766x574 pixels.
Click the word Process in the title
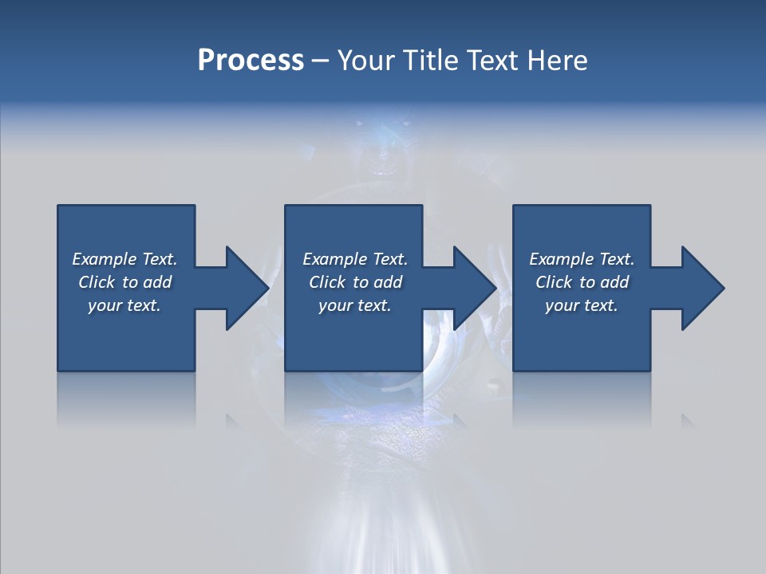click(251, 61)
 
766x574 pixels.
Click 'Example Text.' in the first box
click(124, 259)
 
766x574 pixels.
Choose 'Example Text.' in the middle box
click(355, 259)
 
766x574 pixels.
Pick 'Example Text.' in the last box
click(582, 259)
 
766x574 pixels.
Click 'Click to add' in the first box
click(124, 282)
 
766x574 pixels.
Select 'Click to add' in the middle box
click(355, 282)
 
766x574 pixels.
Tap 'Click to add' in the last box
click(582, 282)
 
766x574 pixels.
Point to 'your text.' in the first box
click(124, 305)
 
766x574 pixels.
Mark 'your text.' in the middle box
click(355, 305)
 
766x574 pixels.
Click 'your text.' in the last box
click(582, 305)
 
